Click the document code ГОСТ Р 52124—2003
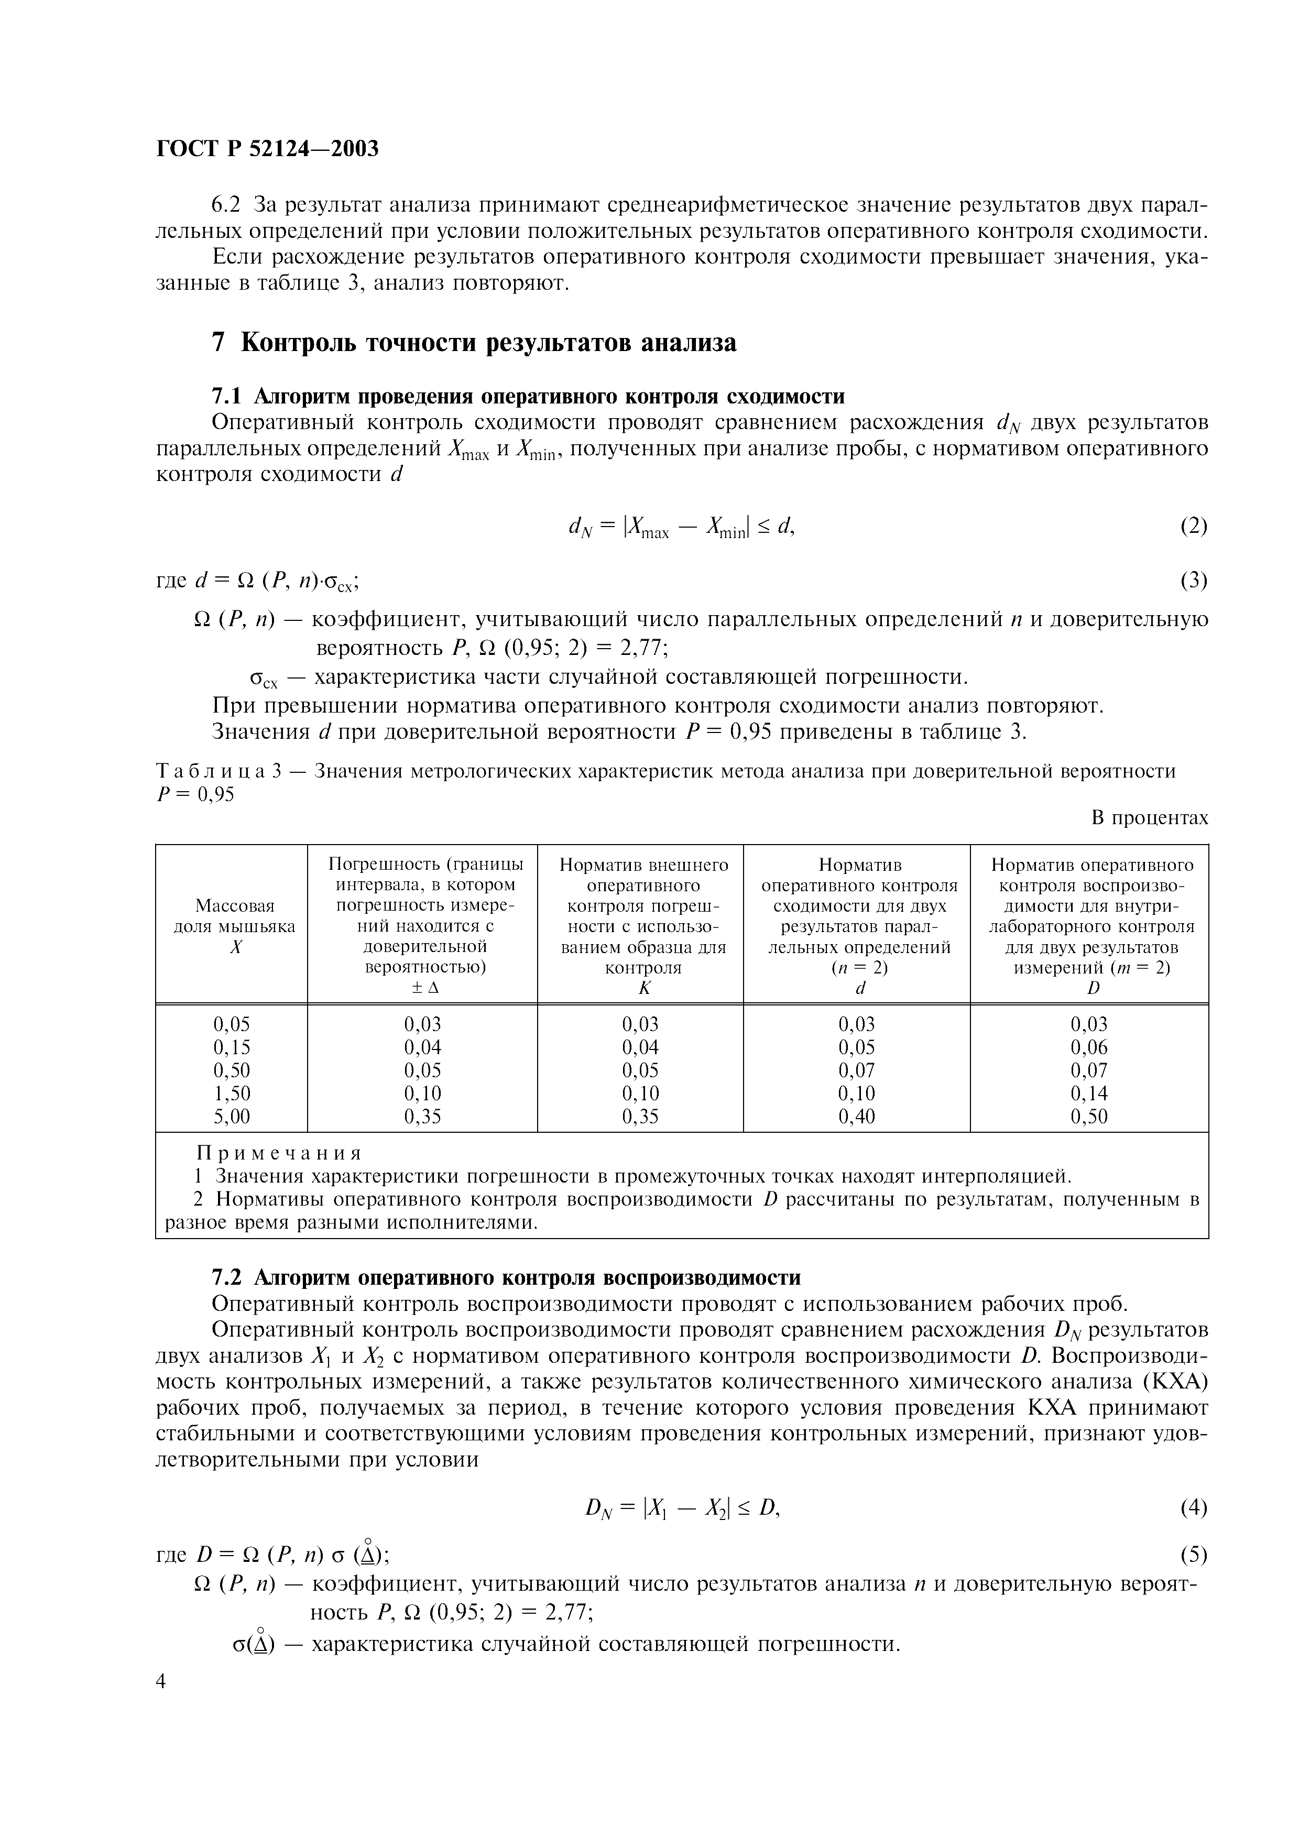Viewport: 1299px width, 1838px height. pos(267,149)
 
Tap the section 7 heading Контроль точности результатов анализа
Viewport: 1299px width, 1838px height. pos(474,343)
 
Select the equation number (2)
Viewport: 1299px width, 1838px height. pos(1193,526)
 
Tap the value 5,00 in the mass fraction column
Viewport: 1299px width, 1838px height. pos(231,1116)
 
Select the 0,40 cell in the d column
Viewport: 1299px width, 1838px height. pos(856,1116)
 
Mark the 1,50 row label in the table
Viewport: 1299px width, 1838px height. pos(231,1093)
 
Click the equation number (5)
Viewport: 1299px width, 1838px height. pos(1193,1554)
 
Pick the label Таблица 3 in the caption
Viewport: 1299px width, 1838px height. pos(220,771)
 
